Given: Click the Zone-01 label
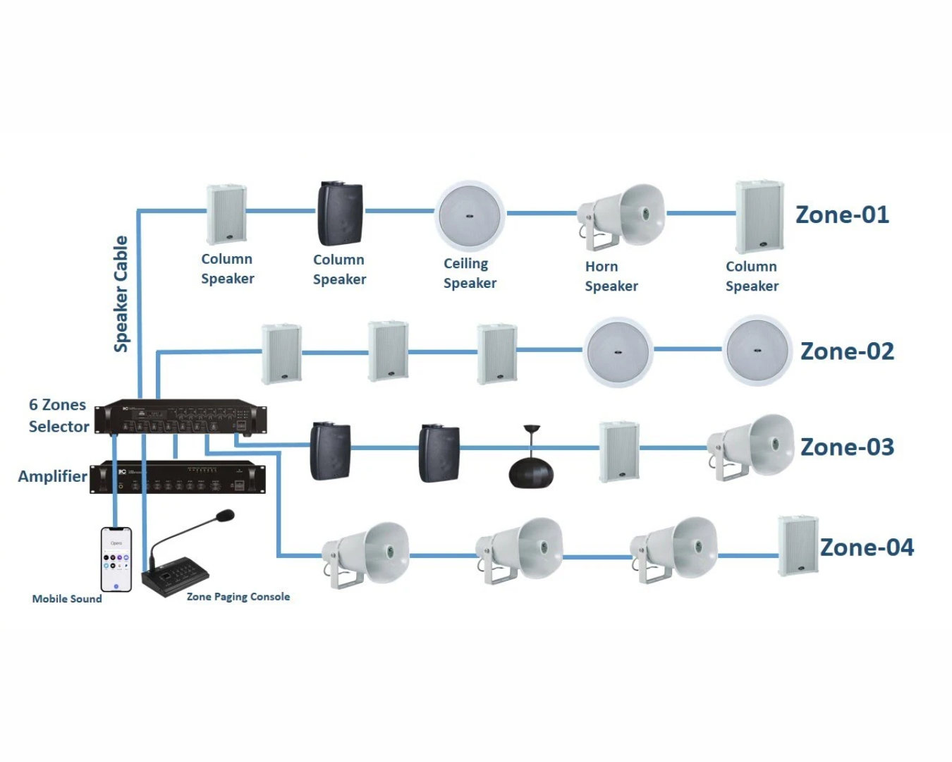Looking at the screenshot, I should tap(842, 214).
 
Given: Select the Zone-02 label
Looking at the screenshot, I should tap(847, 351).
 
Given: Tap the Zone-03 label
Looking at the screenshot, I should tap(847, 447).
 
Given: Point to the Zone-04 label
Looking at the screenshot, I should tap(867, 548).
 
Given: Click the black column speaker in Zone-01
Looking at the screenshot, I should tap(341, 214).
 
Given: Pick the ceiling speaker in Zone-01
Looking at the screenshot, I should tap(470, 216).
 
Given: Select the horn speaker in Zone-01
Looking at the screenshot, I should tap(622, 216).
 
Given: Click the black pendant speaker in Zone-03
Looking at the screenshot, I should tap(532, 469).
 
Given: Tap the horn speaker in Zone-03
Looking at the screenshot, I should tap(752, 447).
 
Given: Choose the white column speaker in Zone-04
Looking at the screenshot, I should tap(798, 546).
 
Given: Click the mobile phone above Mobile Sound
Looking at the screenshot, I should tap(116, 559).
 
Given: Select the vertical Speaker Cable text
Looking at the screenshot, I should tap(121, 294).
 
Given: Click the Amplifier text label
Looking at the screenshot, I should tap(52, 476).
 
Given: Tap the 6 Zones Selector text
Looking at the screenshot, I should tap(59, 416).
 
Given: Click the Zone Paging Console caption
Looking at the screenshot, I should tap(238, 597).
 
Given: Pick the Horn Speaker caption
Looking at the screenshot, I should tap(611, 277).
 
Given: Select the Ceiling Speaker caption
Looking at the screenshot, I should tap(470, 273).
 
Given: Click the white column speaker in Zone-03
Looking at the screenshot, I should tap(619, 452).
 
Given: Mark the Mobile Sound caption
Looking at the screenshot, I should tap(67, 599).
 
